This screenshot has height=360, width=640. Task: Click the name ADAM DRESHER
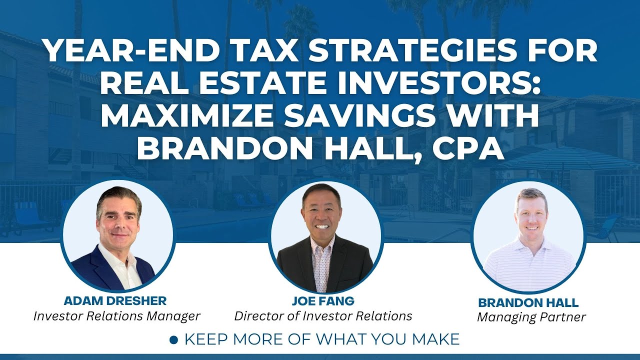pyautogui.click(x=115, y=301)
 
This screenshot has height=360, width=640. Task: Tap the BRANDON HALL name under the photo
pyautogui.click(x=528, y=302)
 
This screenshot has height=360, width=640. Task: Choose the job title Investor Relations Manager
pyautogui.click(x=117, y=316)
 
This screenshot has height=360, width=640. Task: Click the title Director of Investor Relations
pyautogui.click(x=323, y=316)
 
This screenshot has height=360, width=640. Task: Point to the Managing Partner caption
pyautogui.click(x=531, y=317)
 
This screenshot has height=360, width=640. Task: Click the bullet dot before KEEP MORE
pyautogui.click(x=174, y=340)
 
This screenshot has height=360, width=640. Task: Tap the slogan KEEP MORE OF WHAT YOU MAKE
pyautogui.click(x=321, y=339)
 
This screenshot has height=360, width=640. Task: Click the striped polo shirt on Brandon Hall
pyautogui.click(x=528, y=265)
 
